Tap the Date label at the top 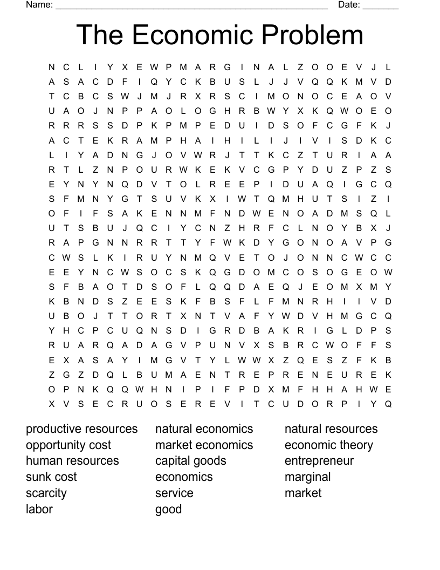tap(348, 5)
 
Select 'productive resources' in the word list tap(82, 429)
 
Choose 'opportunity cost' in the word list tap(68, 445)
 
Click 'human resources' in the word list tap(72, 461)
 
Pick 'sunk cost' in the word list tap(51, 477)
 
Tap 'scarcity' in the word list tap(46, 493)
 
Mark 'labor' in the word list tap(39, 509)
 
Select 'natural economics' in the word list tap(204, 429)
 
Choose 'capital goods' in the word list tap(191, 461)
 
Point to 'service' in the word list tap(174, 493)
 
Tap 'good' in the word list tap(168, 510)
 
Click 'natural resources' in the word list tap(331, 429)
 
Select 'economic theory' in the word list tap(329, 445)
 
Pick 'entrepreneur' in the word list tap(319, 461)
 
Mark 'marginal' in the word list tap(308, 477)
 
